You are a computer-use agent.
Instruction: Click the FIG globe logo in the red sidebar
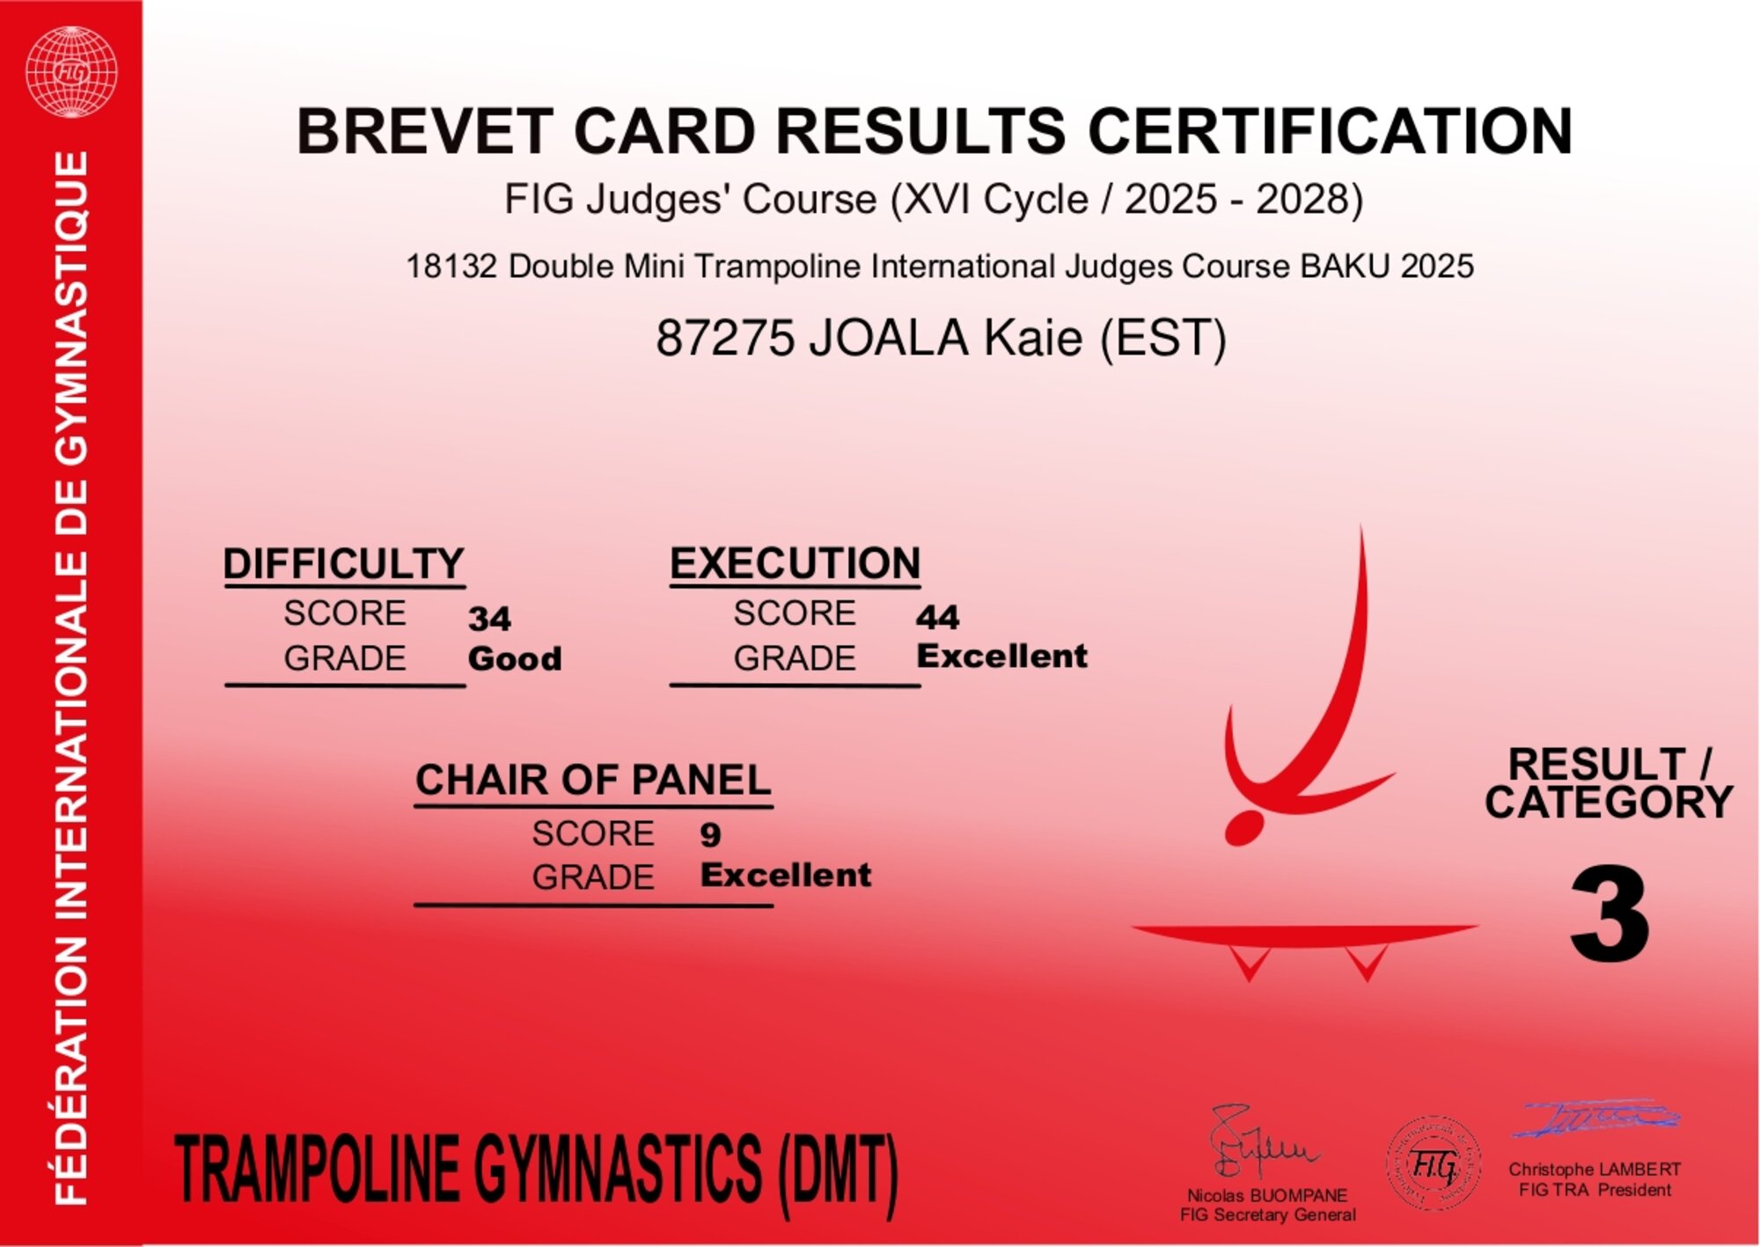[x=71, y=71]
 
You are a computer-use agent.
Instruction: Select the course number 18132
[x=451, y=267]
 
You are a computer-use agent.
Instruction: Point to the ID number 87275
[x=725, y=338]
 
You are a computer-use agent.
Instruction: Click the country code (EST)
[x=1162, y=339]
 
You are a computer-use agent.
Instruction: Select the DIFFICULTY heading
[x=343, y=564]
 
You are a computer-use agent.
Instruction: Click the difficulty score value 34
[x=489, y=618]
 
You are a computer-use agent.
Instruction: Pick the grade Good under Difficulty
[x=515, y=658]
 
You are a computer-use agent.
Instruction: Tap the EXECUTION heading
[x=795, y=563]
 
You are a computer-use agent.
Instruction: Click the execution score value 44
[x=937, y=617]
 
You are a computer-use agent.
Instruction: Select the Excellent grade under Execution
[x=1001, y=656]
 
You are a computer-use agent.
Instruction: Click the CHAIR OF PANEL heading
[x=593, y=781]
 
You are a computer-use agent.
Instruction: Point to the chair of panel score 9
[x=710, y=834]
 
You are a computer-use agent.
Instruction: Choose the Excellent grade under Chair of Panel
[x=785, y=875]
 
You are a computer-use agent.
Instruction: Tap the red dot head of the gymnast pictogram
[x=1244, y=828]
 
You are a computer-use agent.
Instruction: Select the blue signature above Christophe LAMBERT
[x=1595, y=1118]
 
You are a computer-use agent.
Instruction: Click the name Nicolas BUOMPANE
[x=1267, y=1195]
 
